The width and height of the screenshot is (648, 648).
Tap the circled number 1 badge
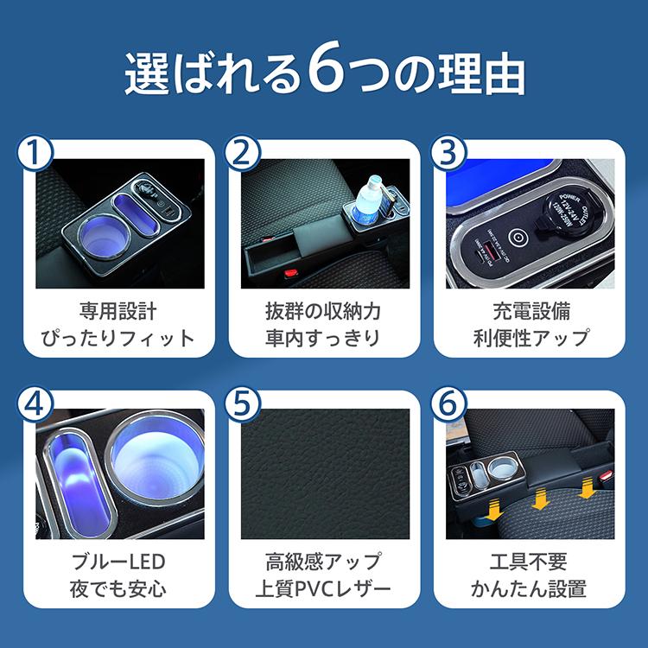tap(36, 152)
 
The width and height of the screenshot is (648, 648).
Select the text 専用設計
tap(118, 310)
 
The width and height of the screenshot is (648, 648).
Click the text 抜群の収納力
tap(323, 310)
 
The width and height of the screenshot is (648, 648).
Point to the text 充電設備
tap(530, 310)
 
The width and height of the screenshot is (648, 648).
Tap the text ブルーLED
tap(118, 562)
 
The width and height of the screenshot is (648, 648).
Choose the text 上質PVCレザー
tap(323, 591)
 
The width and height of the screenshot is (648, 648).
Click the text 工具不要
tap(530, 562)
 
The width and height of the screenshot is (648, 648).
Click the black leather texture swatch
tap(323, 474)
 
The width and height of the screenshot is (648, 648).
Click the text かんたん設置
tap(530, 591)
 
